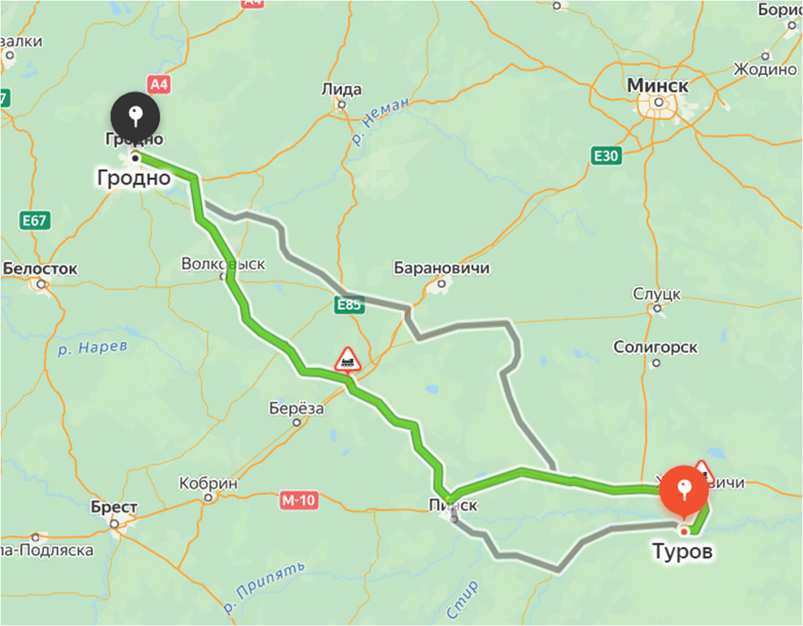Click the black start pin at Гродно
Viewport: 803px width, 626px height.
click(135, 116)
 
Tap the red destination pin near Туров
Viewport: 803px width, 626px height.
click(683, 490)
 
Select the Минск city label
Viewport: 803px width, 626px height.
click(658, 86)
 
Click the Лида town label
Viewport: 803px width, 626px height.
click(341, 89)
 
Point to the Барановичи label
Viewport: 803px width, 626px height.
click(442, 268)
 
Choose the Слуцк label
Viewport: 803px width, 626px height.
click(656, 293)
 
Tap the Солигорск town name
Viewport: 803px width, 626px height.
click(655, 347)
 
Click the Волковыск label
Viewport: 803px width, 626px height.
click(223, 264)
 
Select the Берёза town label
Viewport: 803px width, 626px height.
click(296, 408)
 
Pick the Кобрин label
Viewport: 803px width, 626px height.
click(209, 483)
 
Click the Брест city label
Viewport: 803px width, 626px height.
click(115, 507)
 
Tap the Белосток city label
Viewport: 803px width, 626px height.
click(40, 269)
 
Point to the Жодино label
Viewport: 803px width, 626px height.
click(765, 70)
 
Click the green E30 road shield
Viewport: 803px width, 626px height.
click(607, 157)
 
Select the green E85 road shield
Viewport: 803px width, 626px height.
click(349, 305)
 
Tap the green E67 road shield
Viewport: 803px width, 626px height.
click(35, 220)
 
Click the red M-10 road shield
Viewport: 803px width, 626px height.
click(298, 499)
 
